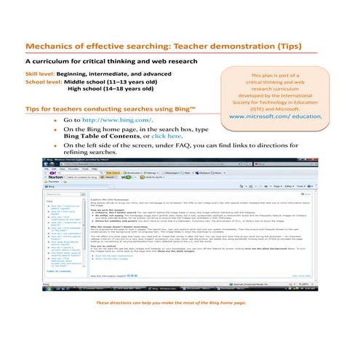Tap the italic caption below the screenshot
pyautogui.click(x=179, y=303)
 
